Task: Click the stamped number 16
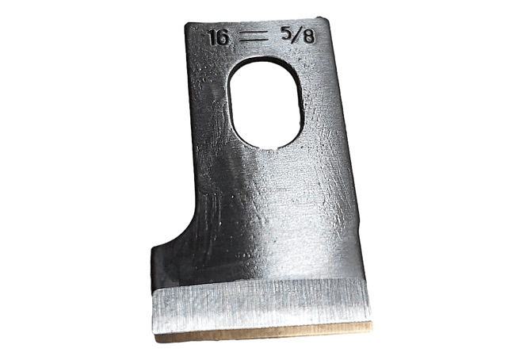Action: (219, 37)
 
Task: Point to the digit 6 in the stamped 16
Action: (223, 37)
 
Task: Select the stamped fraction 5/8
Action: (298, 35)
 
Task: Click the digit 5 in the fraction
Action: (286, 34)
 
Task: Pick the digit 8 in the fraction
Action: (309, 36)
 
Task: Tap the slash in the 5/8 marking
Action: (297, 36)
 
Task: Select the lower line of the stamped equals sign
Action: (254, 40)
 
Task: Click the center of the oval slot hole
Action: (265, 103)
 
